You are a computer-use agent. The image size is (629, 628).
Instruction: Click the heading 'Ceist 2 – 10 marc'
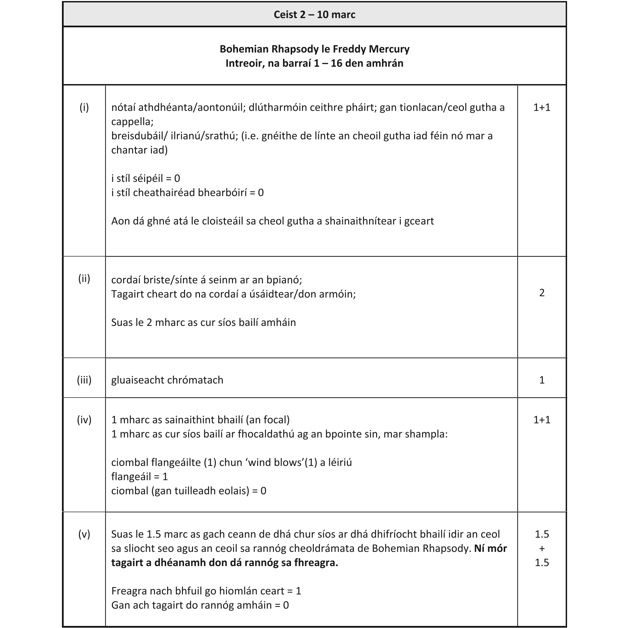point(314,15)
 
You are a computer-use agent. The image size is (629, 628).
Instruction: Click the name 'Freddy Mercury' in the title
point(371,49)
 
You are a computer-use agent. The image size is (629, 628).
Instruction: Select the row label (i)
point(84,108)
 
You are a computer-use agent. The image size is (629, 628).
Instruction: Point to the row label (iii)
point(84,380)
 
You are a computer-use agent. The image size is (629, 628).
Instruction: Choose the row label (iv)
point(84,420)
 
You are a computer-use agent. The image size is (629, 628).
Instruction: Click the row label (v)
point(84,534)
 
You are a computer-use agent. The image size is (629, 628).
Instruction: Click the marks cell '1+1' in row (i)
point(541,108)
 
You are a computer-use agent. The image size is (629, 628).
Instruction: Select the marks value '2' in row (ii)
point(541,293)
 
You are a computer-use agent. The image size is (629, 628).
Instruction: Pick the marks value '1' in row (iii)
point(541,380)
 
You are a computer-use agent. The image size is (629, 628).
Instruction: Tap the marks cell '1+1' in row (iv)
point(541,420)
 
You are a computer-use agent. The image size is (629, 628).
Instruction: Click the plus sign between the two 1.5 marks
point(541,548)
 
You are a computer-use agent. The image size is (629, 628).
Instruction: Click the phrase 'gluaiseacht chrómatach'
point(167,380)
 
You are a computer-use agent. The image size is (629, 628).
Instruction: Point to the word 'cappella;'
point(132,122)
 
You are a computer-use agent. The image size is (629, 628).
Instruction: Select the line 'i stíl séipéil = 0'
point(145,179)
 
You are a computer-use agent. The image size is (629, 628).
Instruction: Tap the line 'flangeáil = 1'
point(139,477)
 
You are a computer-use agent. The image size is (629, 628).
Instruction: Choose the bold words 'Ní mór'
point(490,548)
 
